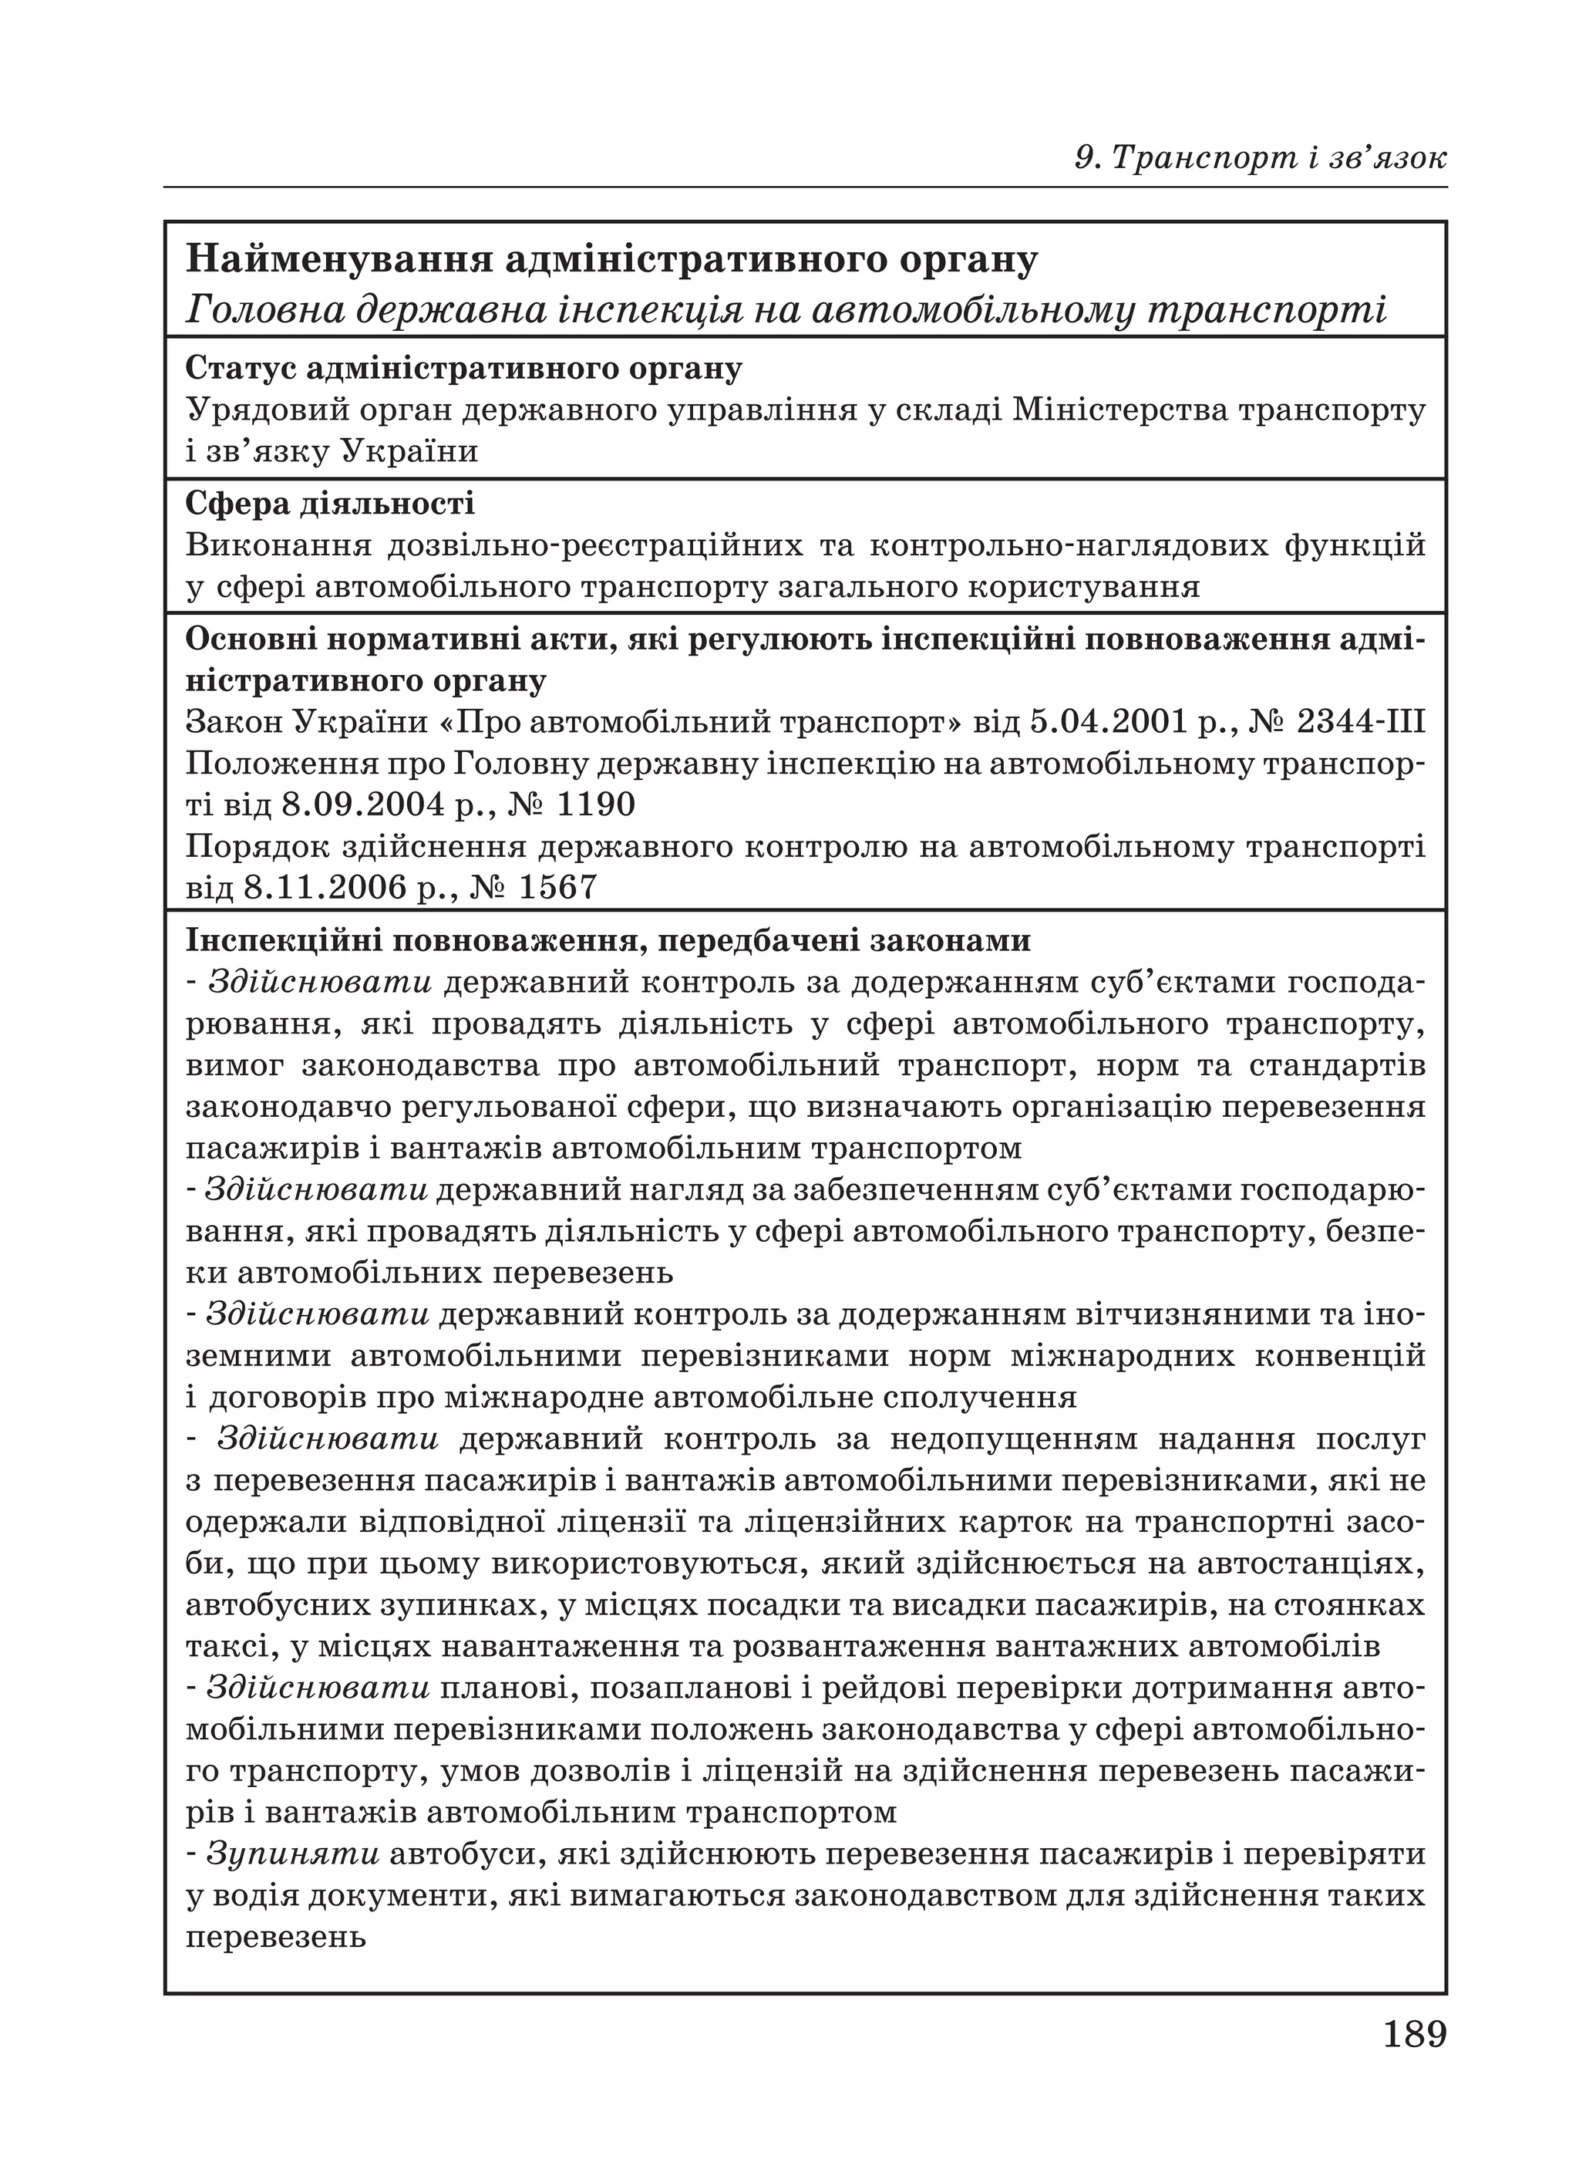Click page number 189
[1414, 2034]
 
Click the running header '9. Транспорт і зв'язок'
[1260, 157]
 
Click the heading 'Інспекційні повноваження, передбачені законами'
[607, 939]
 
